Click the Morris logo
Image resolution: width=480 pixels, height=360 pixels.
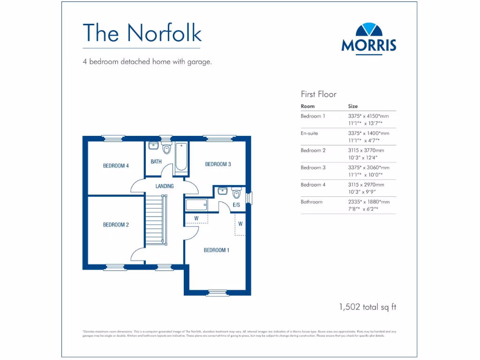click(x=368, y=38)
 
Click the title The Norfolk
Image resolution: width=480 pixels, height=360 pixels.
click(x=142, y=32)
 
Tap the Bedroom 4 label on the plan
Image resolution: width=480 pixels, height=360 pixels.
click(x=116, y=165)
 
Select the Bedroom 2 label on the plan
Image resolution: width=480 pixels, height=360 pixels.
click(x=116, y=225)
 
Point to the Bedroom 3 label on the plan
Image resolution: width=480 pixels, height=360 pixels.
click(x=218, y=164)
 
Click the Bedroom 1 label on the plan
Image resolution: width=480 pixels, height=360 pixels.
click(x=216, y=250)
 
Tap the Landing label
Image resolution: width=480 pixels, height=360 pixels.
click(x=165, y=186)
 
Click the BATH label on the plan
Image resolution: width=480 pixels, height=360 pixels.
click(x=156, y=162)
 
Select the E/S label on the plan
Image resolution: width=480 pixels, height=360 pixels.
click(x=236, y=205)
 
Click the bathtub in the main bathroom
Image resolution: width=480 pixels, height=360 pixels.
click(x=180, y=157)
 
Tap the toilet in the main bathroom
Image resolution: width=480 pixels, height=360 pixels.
click(x=166, y=149)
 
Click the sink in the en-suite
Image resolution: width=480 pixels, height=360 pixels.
click(x=223, y=192)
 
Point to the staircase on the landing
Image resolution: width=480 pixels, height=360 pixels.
click(x=155, y=220)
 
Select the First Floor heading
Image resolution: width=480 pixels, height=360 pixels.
click(x=318, y=94)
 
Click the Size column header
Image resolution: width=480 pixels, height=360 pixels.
click(x=353, y=106)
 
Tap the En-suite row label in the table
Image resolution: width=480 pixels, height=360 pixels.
click(x=309, y=133)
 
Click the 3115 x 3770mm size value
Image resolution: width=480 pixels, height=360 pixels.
click(x=366, y=150)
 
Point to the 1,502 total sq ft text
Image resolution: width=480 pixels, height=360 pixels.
click(x=367, y=307)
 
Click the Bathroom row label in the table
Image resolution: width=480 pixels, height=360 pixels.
click(x=312, y=202)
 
